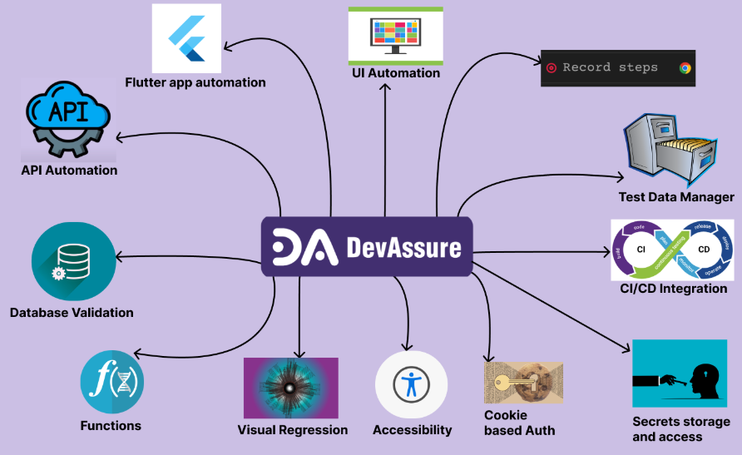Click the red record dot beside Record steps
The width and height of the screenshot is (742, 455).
[552, 68]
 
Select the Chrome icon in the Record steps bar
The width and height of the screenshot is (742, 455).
[685, 68]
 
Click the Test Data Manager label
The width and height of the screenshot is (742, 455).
[675, 197]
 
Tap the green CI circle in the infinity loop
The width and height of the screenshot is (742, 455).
[641, 249]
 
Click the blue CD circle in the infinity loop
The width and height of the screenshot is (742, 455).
[703, 249]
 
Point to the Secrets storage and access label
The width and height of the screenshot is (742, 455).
[680, 429]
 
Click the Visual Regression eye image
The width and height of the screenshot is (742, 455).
[290, 388]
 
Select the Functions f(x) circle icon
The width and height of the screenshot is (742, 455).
[111, 383]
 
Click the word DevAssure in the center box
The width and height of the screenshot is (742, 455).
[403, 247]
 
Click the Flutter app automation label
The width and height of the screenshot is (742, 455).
[195, 82]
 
